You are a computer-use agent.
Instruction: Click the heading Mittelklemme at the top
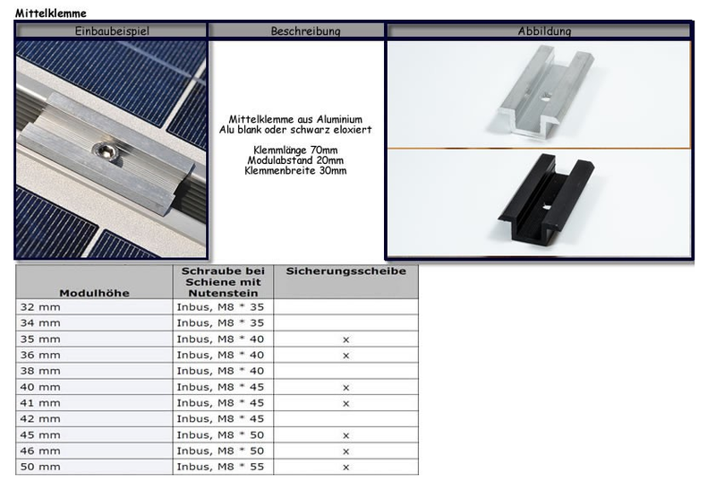coord(51,13)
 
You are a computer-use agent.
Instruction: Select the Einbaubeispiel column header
coord(112,31)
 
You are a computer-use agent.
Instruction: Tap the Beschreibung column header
coord(305,31)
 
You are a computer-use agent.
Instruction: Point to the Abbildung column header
coord(544,31)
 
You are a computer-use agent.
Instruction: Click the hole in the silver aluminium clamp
coord(544,97)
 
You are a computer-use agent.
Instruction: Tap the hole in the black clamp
coord(547,206)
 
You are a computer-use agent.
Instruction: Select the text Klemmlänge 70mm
coord(295,150)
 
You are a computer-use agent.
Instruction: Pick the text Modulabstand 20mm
coord(295,160)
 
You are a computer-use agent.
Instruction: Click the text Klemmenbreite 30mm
coord(295,171)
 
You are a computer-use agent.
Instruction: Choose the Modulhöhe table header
coord(95,293)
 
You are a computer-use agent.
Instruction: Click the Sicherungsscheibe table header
coord(346,271)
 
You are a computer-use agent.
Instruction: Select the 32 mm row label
coord(40,307)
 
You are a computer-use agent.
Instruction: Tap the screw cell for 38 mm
coord(220,371)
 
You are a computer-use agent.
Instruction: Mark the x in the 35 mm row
coord(346,339)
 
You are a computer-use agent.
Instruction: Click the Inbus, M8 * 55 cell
coord(220,467)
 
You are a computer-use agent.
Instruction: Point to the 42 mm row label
coord(40,419)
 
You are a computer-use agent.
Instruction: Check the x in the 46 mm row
coord(346,451)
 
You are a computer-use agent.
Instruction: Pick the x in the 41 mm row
coord(346,403)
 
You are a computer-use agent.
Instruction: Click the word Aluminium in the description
coord(339,119)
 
